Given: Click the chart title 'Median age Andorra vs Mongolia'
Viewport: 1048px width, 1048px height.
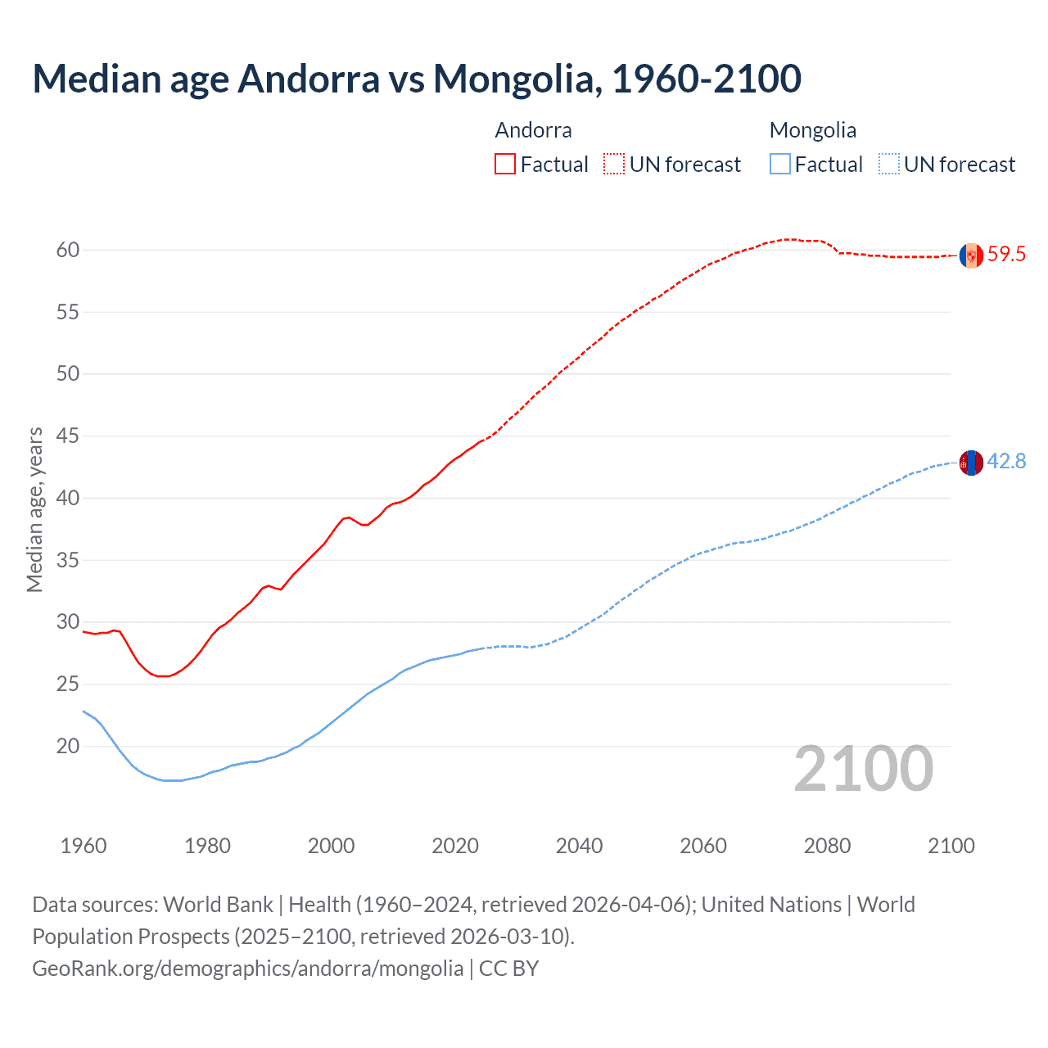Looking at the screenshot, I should (416, 79).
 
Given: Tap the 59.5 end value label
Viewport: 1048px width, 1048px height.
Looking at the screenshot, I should (1006, 255).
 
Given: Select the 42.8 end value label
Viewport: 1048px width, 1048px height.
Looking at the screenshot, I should (1006, 462).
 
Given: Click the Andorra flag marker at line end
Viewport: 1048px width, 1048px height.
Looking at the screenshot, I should (971, 255).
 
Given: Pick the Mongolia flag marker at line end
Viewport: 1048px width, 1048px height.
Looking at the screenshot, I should (971, 463).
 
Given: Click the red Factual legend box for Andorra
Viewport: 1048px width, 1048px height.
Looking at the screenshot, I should (505, 164).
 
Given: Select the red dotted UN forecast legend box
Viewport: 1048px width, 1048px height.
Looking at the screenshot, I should (614, 164).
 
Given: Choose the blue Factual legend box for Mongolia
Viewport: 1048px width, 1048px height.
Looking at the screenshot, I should (780, 164).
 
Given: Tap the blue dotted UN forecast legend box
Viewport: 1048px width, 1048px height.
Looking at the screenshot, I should (888, 164).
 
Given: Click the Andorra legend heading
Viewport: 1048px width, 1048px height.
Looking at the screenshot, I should (533, 130).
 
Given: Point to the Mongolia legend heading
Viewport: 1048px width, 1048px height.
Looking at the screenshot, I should (812, 130).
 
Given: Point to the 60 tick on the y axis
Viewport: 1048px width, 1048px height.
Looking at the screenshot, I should (68, 251).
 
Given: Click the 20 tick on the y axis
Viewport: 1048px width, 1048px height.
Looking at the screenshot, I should (68, 746).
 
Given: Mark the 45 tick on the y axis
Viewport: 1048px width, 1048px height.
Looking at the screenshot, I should (68, 436).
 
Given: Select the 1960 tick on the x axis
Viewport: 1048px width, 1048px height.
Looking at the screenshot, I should (84, 846).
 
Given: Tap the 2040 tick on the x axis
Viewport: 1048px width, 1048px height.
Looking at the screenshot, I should (579, 846).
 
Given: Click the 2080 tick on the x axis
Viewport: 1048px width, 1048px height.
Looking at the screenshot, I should (827, 846).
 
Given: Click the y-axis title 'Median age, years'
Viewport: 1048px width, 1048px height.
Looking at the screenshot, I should (34, 509).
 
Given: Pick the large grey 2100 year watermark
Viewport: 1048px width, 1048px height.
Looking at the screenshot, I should (864, 769).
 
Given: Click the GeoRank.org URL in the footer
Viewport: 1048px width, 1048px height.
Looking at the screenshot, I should (247, 969).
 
